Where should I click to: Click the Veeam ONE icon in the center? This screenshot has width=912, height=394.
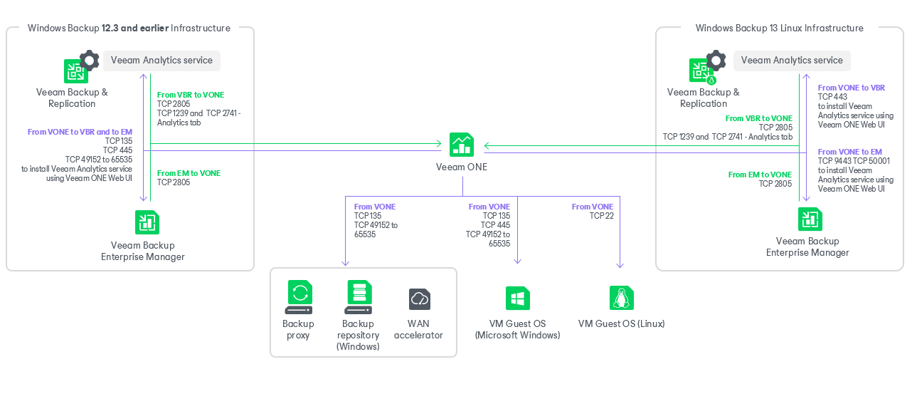click(x=462, y=145)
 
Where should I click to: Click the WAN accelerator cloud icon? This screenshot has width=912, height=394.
click(x=419, y=299)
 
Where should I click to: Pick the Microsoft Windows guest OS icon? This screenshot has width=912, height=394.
click(x=517, y=298)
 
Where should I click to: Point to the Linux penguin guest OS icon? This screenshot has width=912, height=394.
click(x=621, y=298)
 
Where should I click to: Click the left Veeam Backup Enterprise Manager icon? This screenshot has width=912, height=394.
click(x=147, y=222)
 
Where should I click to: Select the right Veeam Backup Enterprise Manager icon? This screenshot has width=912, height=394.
click(x=810, y=219)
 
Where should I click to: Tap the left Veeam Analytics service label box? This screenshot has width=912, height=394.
click(x=161, y=61)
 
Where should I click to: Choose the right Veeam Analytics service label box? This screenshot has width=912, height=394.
click(x=792, y=61)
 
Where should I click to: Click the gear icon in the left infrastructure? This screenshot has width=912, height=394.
click(x=89, y=60)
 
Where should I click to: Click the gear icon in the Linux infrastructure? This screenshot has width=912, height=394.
click(x=716, y=60)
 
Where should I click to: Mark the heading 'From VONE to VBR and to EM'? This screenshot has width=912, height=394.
click(x=80, y=132)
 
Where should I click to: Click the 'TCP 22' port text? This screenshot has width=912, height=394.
click(x=601, y=216)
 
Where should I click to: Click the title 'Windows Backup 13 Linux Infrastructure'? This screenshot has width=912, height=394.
click(x=779, y=28)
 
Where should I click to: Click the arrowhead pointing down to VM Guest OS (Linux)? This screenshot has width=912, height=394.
click(x=620, y=265)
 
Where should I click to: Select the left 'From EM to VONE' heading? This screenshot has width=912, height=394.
click(x=189, y=173)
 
